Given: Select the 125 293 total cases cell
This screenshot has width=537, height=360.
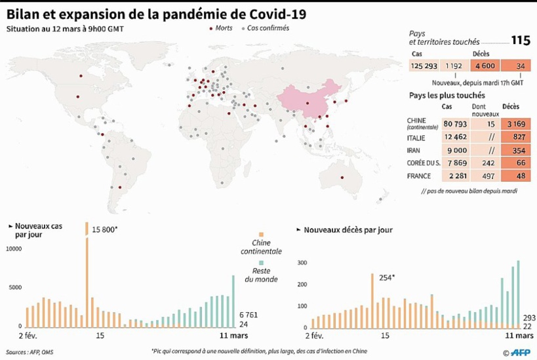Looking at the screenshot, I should point(423,66).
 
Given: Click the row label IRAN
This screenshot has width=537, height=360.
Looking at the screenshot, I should point(416,151).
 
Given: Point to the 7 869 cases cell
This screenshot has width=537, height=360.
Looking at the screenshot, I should point(455,163).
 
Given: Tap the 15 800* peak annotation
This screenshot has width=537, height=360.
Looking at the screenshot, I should point(106,229).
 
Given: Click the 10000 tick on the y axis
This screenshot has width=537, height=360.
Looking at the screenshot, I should point(14,249).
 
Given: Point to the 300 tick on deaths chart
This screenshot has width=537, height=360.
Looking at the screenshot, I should point(303,263).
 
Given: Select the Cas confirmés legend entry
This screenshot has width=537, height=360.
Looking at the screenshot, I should point(265,29).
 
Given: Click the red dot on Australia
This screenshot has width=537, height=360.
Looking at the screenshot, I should point(341,178).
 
